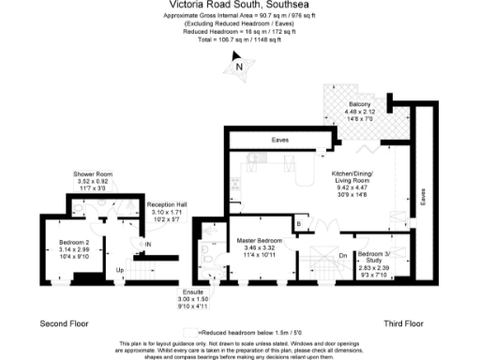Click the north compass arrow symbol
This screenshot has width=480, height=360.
(x=239, y=66)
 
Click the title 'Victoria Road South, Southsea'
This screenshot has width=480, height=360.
(x=240, y=7)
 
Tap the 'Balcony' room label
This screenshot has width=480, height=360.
(x=361, y=103)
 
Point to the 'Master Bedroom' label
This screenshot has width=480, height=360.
(x=254, y=240)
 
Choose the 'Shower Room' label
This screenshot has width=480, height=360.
(x=93, y=174)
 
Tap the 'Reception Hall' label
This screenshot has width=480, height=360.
(x=168, y=205)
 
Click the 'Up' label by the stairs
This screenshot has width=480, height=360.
(x=119, y=270)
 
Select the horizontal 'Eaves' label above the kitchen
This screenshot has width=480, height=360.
(x=279, y=140)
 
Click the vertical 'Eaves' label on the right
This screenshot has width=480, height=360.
(x=424, y=197)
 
